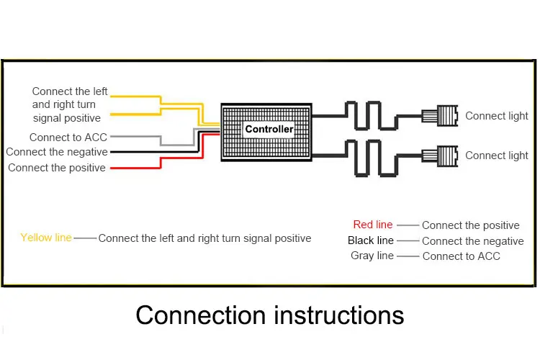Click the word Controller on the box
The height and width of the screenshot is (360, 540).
pos(269,129)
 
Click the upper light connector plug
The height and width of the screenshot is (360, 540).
pos(440,116)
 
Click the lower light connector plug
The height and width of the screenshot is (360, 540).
pos(440,156)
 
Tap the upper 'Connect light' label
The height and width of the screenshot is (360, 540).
pos(496,116)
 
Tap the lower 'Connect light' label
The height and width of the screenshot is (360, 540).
pos(496,156)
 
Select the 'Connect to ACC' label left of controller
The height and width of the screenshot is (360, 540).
pos(68,138)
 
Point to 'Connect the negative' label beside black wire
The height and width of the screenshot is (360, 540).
pos(57,152)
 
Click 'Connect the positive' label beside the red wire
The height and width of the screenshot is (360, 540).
pos(57,168)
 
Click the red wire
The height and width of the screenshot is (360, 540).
pos(161,163)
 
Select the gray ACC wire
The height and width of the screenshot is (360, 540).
pos(161,140)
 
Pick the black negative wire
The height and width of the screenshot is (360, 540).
pos(155,152)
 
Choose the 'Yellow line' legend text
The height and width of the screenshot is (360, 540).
pos(46,238)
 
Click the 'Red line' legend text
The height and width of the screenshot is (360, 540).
pos(373,225)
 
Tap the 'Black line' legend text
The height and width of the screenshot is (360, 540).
pos(371,240)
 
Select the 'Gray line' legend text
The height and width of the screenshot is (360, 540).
pos(372,256)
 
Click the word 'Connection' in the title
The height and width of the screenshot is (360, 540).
pos(201,315)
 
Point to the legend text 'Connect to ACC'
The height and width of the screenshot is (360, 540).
pos(461,256)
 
